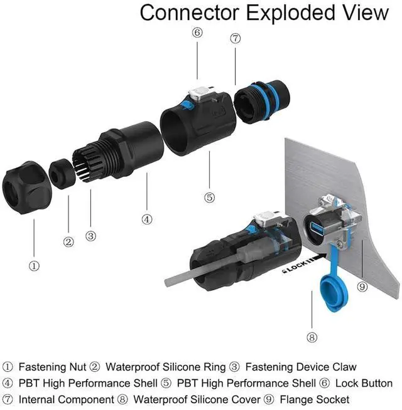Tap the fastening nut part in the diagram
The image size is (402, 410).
(x=26, y=186)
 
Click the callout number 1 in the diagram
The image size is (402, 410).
(x=35, y=265)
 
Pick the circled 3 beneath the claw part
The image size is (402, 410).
(x=91, y=236)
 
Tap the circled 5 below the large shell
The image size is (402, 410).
(x=209, y=197)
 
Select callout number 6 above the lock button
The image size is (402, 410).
(x=197, y=33)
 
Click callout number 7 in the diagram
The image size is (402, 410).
(x=236, y=38)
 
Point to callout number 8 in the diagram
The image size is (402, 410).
(x=312, y=337)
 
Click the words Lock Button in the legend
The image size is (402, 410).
(x=364, y=383)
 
